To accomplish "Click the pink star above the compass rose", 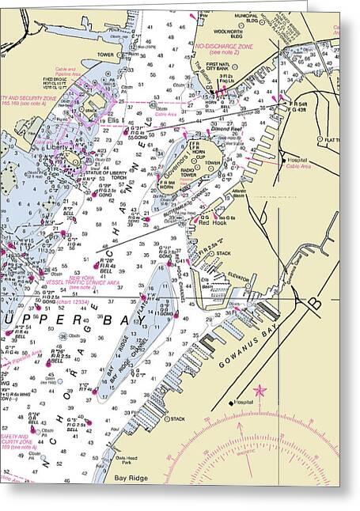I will tap(260, 391).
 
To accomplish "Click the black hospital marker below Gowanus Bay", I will tap(232, 403).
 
